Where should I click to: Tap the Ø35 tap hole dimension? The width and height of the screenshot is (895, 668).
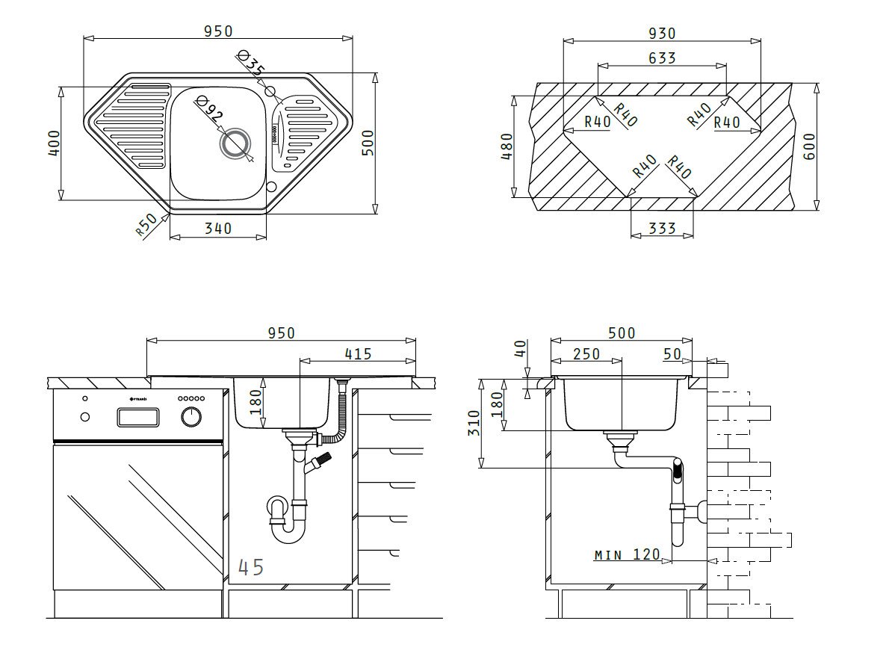[250, 63]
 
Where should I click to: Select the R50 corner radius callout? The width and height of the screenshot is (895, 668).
[146, 224]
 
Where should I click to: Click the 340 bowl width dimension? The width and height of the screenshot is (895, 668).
[218, 229]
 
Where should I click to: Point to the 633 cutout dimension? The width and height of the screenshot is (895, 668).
[662, 58]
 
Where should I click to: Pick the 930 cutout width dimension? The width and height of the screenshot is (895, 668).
[662, 34]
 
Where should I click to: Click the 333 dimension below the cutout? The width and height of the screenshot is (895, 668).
[662, 229]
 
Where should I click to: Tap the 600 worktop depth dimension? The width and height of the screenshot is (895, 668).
[809, 146]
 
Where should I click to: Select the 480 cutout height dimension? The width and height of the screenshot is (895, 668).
[507, 146]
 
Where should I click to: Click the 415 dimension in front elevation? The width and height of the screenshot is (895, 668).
[358, 354]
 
